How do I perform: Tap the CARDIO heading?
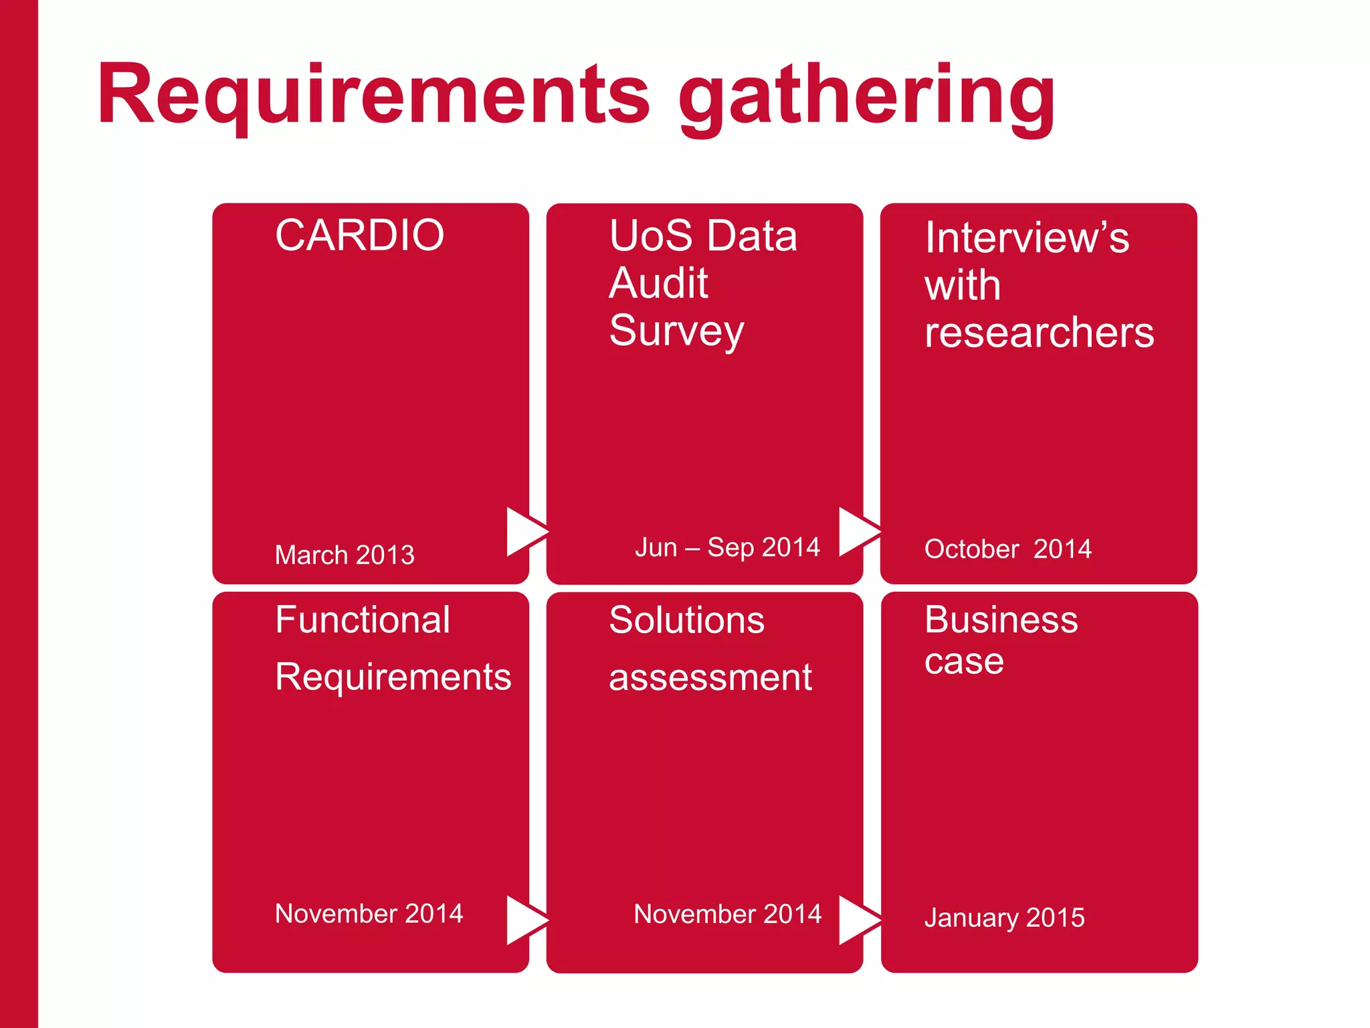(359, 236)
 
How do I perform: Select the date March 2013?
(345, 555)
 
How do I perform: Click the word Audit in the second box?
(658, 283)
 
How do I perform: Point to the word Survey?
(676, 331)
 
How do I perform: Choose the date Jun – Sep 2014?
(727, 547)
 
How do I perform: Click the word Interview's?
(1027, 238)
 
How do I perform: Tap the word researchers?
(1039, 333)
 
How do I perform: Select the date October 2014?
(1007, 549)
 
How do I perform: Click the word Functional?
(363, 620)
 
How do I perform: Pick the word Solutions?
(686, 620)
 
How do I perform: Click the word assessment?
(710, 677)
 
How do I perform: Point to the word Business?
(1001, 620)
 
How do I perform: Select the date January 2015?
(1004, 917)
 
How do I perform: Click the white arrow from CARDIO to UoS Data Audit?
(524, 531)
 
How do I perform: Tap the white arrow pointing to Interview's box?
(857, 531)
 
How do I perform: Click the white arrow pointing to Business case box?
(857, 920)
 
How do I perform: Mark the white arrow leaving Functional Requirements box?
(524, 920)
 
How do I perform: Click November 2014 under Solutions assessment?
(727, 914)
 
